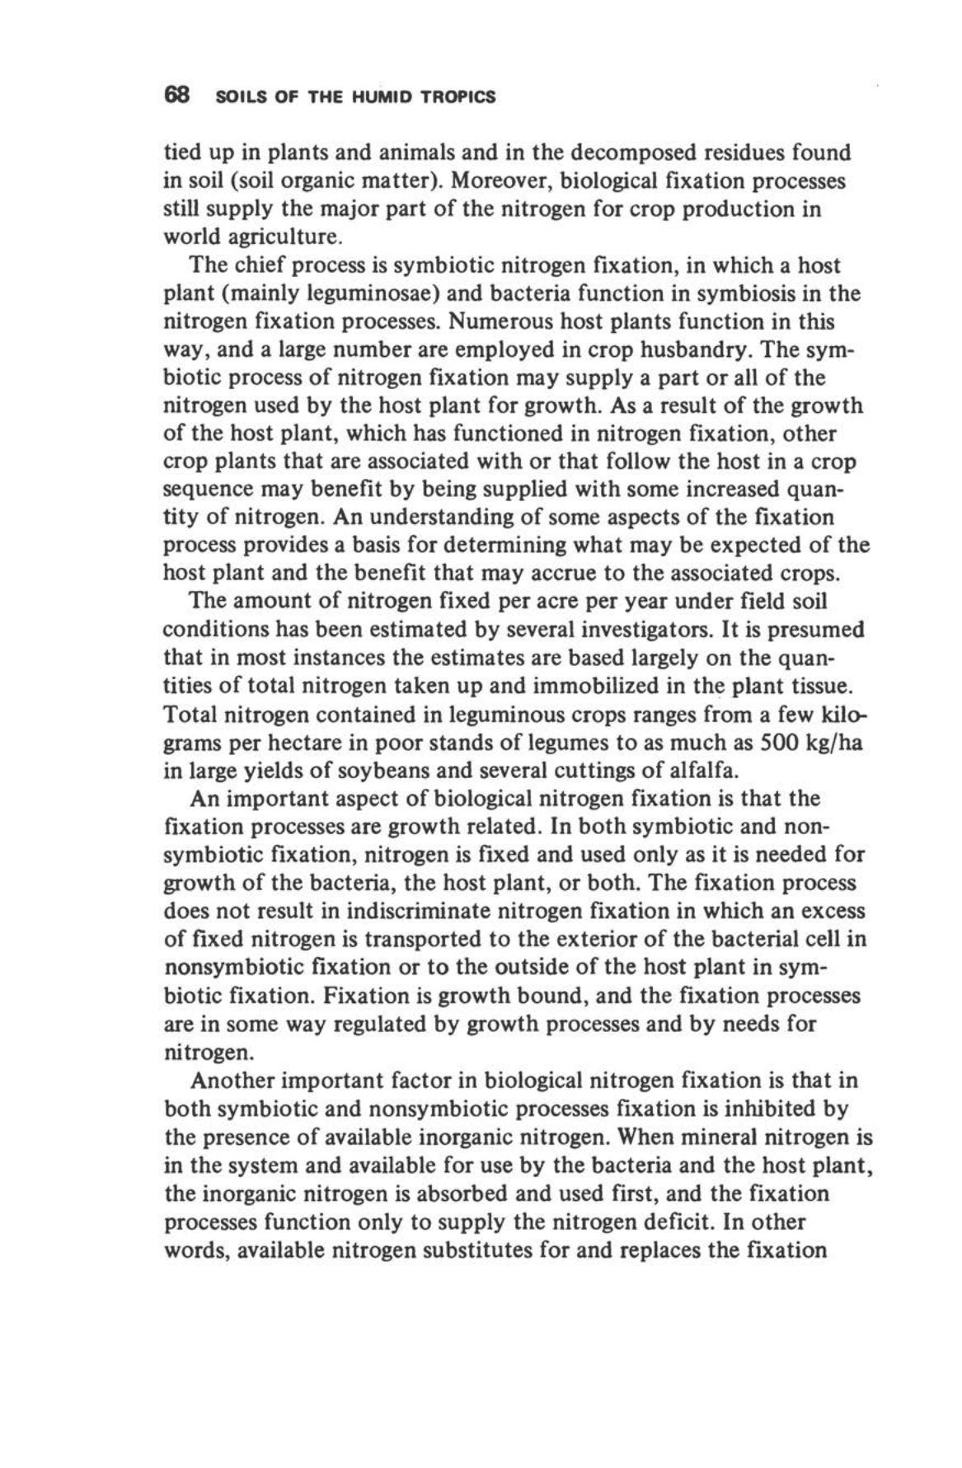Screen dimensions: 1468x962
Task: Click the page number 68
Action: [x=177, y=96]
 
